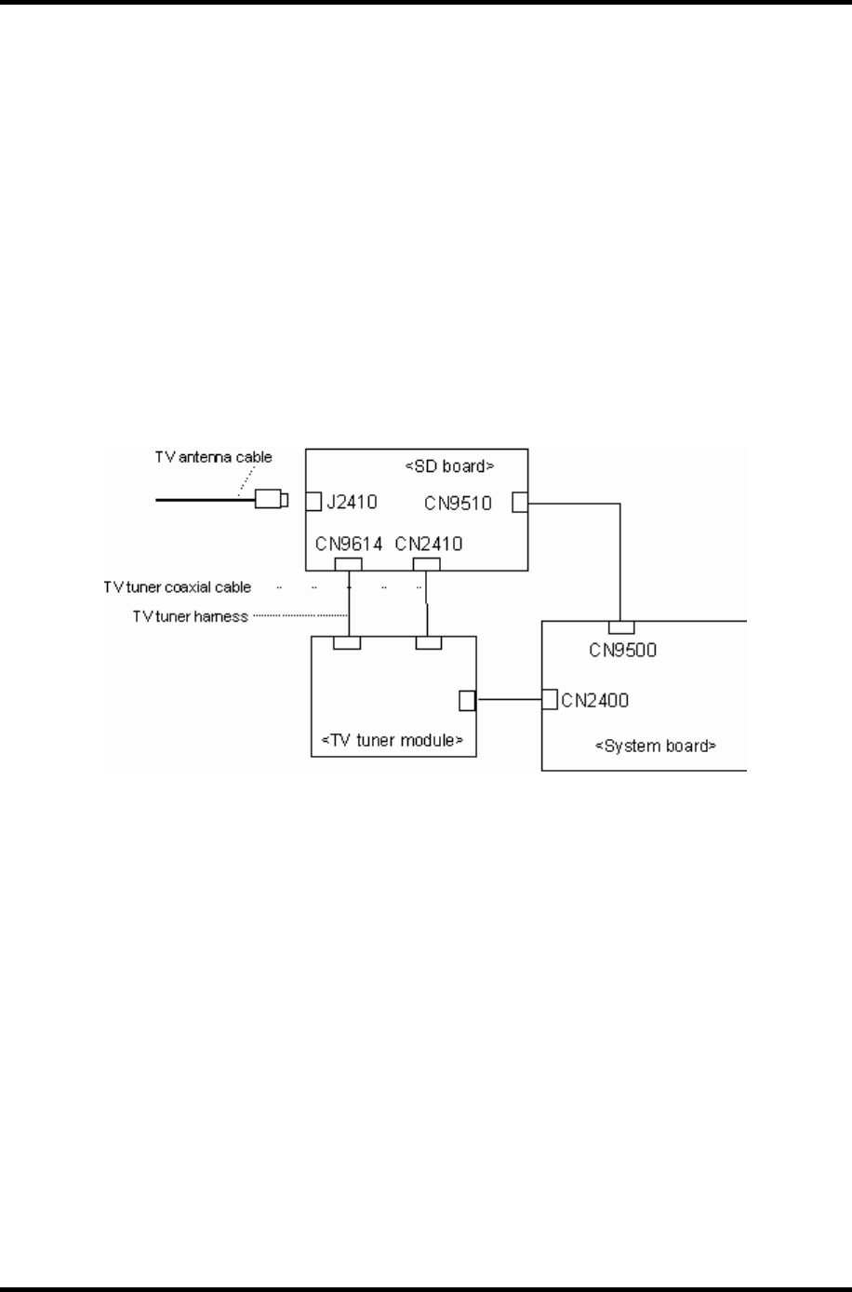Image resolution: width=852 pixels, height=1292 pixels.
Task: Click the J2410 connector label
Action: (351, 504)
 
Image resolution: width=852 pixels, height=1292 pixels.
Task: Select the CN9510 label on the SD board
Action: (459, 504)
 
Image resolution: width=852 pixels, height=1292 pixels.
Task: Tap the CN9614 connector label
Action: (349, 544)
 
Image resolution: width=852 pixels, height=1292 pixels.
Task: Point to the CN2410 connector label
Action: (428, 544)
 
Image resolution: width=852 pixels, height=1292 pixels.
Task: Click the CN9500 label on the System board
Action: (622, 650)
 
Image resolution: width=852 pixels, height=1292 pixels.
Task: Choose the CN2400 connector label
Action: (595, 699)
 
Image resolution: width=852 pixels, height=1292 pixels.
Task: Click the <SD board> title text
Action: (449, 465)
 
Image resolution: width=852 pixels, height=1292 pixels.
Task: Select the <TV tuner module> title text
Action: (392, 741)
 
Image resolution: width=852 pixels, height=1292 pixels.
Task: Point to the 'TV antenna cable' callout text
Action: (213, 457)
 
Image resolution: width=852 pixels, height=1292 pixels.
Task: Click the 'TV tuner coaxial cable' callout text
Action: (177, 587)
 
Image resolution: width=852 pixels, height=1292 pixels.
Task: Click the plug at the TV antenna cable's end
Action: (271, 500)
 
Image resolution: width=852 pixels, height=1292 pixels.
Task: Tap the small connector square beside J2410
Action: (313, 503)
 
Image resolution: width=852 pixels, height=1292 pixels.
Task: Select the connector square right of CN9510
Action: (519, 503)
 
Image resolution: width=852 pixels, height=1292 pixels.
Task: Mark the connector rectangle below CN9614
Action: (348, 564)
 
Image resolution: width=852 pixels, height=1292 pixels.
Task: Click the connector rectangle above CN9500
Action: (621, 626)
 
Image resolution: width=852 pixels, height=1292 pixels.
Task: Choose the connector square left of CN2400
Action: (550, 698)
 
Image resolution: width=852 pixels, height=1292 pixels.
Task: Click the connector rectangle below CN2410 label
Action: (426, 564)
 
